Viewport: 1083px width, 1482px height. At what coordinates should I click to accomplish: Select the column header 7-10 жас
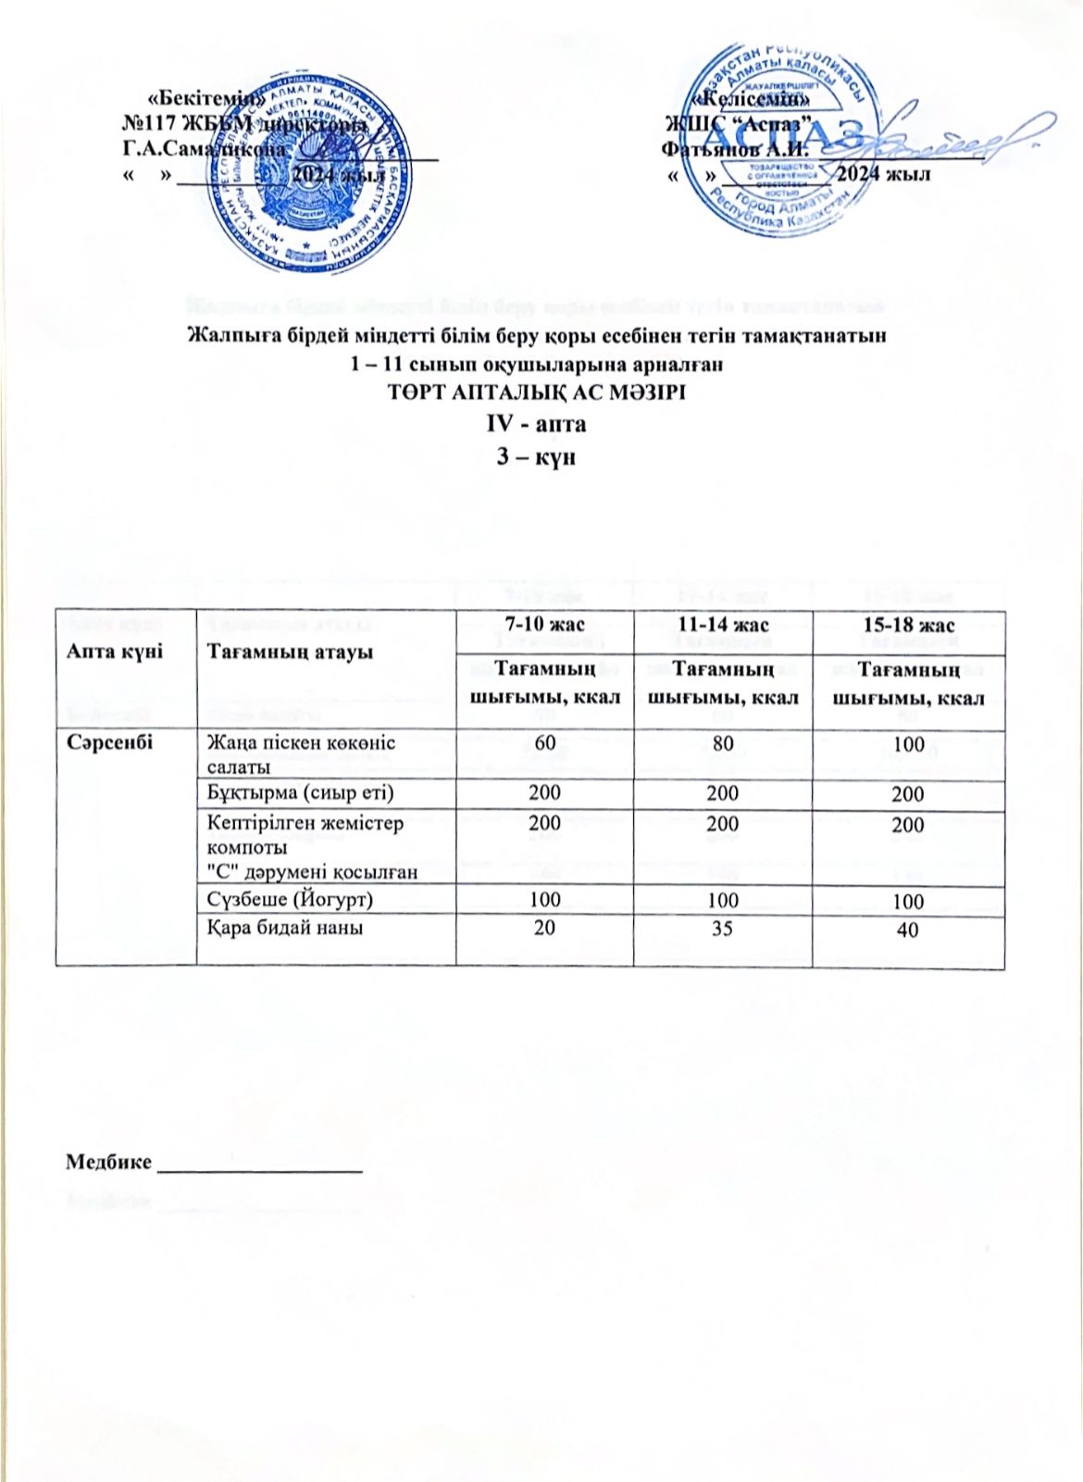point(544,625)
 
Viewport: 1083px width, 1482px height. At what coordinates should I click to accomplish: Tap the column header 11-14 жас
point(722,625)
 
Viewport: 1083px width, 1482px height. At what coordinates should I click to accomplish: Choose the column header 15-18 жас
point(908,625)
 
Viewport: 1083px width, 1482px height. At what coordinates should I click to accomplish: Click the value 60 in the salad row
point(544,742)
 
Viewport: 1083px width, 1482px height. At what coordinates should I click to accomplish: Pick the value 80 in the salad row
point(722,742)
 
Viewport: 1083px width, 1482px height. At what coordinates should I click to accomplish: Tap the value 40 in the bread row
point(908,928)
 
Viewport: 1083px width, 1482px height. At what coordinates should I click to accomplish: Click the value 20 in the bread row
point(544,927)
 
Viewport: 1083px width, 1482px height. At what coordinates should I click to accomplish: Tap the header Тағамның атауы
point(289,652)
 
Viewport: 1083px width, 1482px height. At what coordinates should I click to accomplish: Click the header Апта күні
point(114,651)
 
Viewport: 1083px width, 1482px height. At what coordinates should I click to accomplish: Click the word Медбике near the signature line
point(108,1163)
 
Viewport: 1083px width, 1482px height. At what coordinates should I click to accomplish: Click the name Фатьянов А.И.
point(736,148)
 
